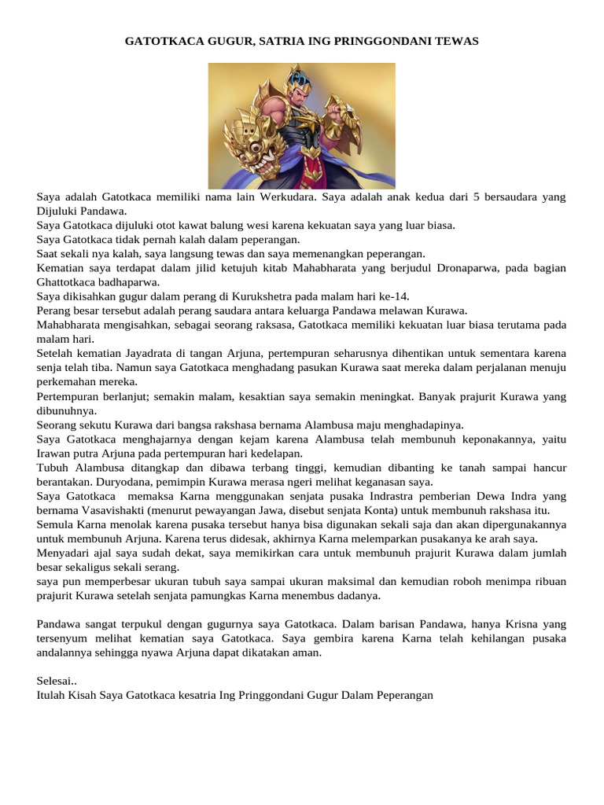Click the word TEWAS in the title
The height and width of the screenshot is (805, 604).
455,40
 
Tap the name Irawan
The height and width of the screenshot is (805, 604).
56,453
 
